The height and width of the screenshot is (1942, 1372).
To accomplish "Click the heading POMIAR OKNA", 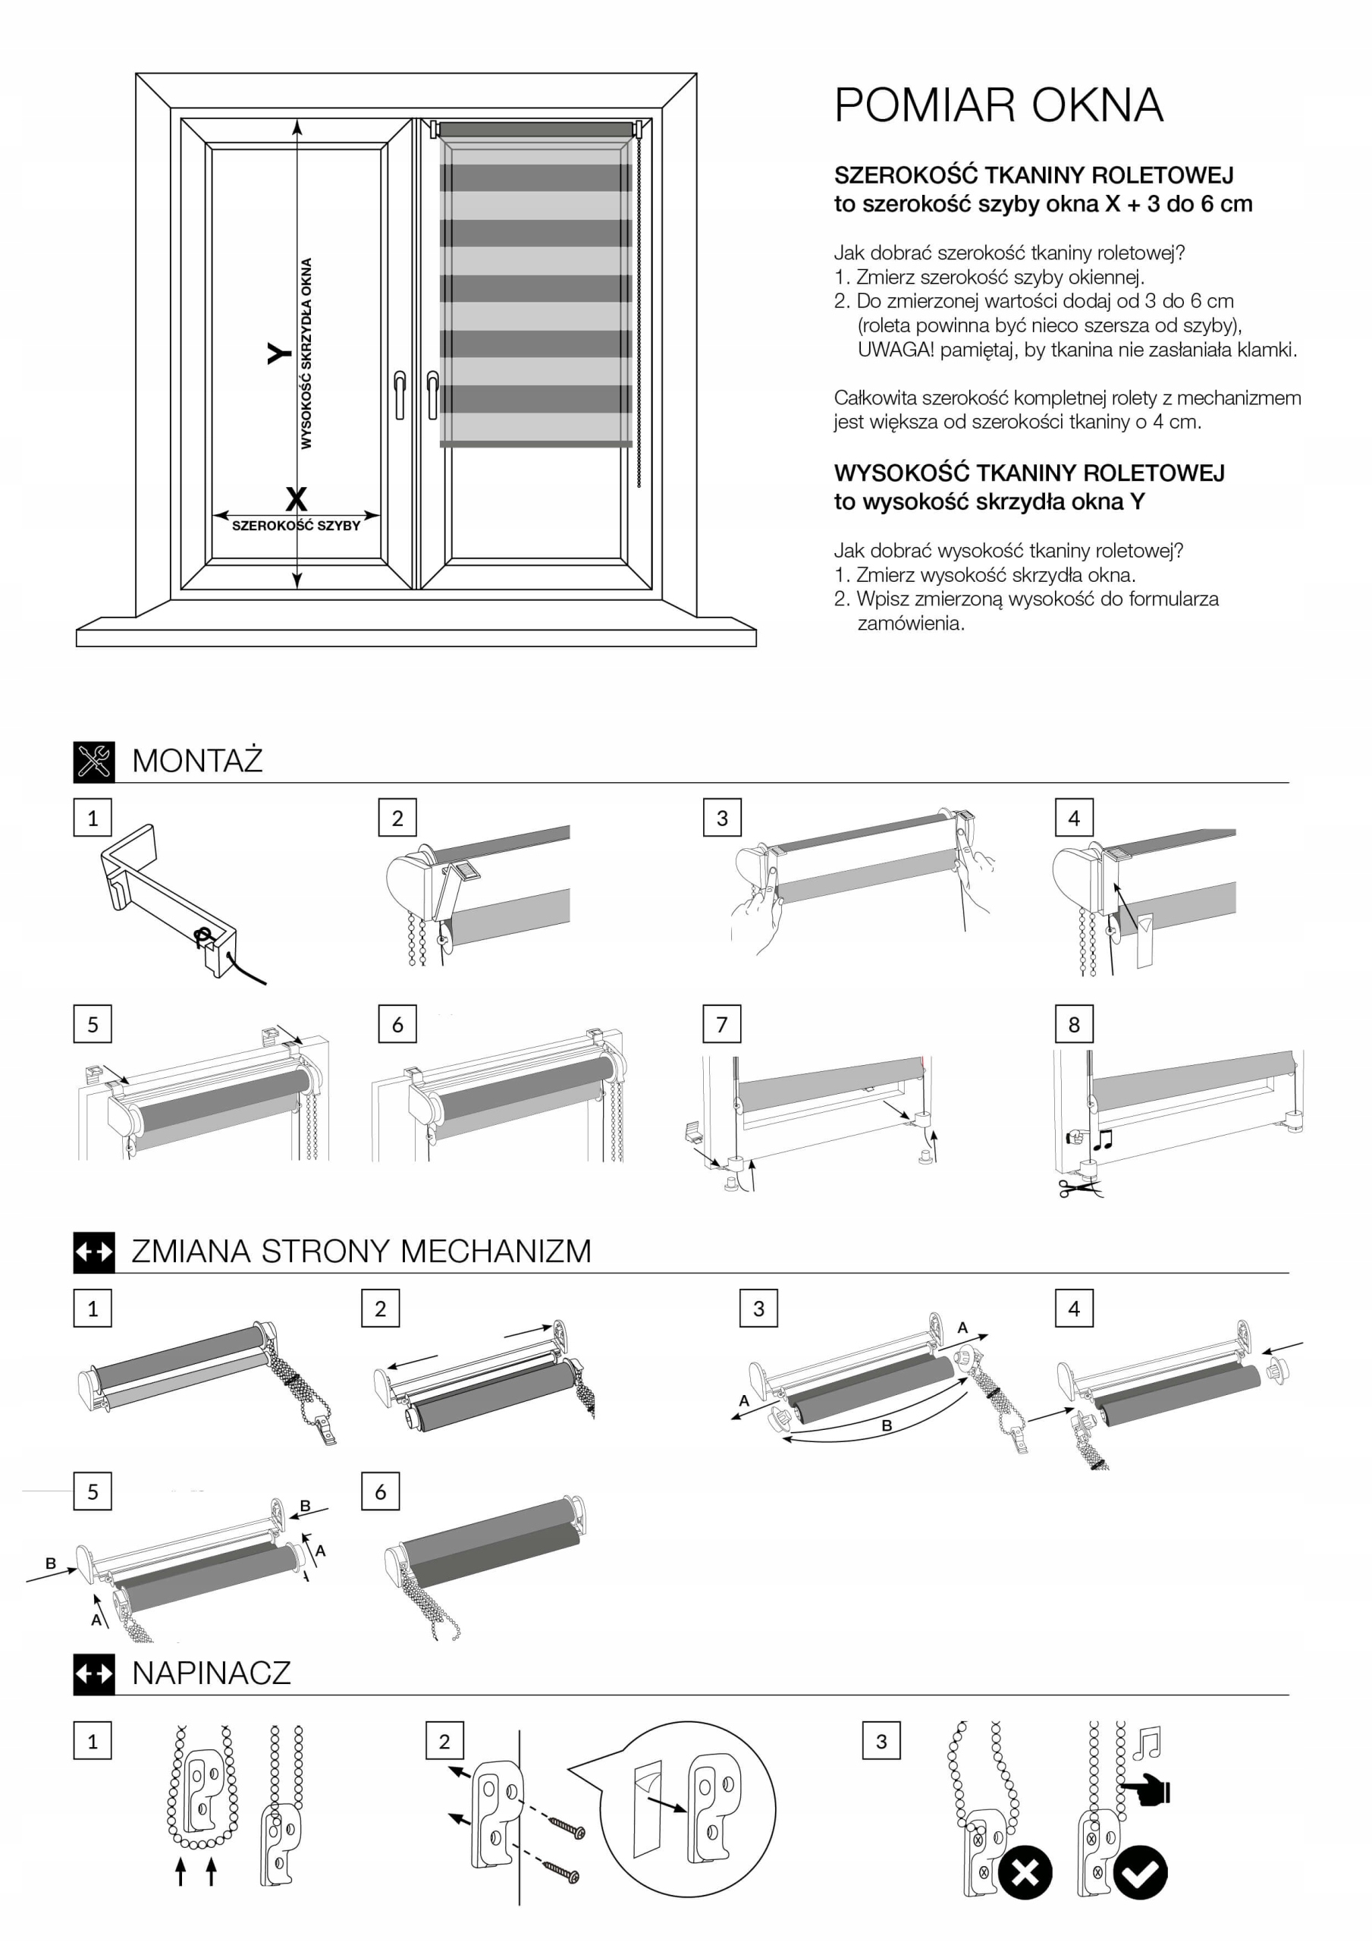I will [998, 105].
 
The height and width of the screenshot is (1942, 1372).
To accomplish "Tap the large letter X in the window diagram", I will [296, 498].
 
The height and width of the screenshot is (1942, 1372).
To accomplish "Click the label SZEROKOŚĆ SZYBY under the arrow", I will [296, 525].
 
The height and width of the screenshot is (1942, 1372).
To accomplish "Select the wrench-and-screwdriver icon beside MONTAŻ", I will [94, 760].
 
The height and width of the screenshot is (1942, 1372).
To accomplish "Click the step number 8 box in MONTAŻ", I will [1073, 1024].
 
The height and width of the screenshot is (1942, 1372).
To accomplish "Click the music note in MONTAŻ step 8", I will [1102, 1140].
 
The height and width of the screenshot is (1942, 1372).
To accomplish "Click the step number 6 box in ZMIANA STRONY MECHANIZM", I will [380, 1491].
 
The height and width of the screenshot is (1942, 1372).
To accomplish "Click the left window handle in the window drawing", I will [399, 394].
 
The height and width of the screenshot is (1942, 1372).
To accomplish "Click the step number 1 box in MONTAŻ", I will [93, 818].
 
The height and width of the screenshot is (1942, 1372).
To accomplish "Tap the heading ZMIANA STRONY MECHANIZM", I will [361, 1251].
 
